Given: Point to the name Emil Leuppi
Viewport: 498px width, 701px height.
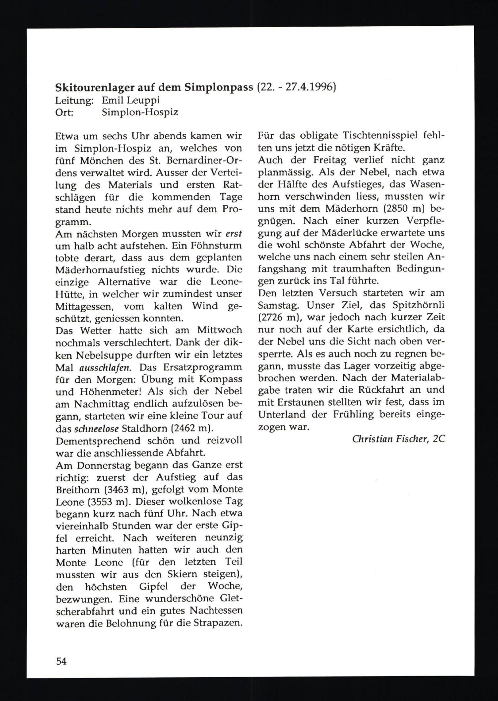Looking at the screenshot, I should (x=131, y=100).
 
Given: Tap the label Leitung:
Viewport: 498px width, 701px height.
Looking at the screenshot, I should (x=74, y=100).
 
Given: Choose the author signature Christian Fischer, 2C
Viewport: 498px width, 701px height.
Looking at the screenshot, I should (x=398, y=439).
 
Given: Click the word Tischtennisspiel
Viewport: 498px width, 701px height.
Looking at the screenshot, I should (x=380, y=136).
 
